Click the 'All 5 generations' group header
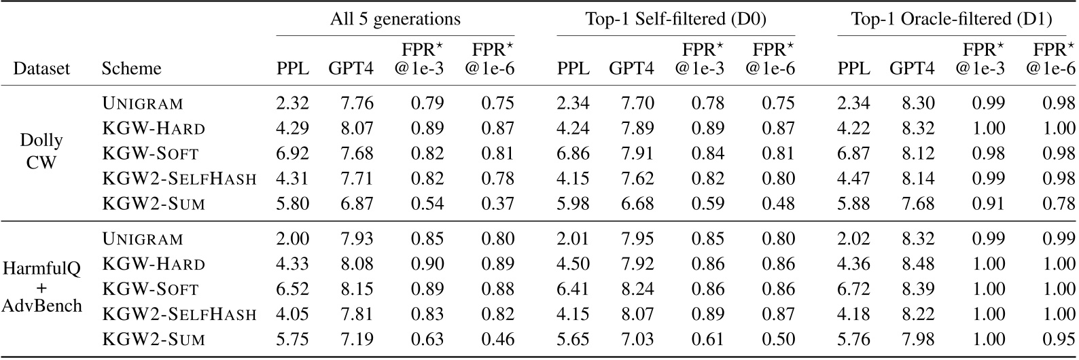tap(395, 19)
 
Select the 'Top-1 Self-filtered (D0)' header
tap(675, 19)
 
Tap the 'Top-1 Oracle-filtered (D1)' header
tap(951, 19)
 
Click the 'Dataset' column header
tap(42, 69)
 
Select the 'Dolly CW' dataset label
tap(42, 153)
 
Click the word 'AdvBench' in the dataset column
tap(42, 306)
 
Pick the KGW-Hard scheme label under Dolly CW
tap(154, 128)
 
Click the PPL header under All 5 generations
tap(292, 69)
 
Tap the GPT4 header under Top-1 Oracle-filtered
tap(912, 69)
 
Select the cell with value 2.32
tap(292, 103)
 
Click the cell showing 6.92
tap(292, 154)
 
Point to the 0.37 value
tap(499, 204)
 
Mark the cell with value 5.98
tap(573, 204)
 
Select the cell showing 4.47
tap(854, 179)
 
